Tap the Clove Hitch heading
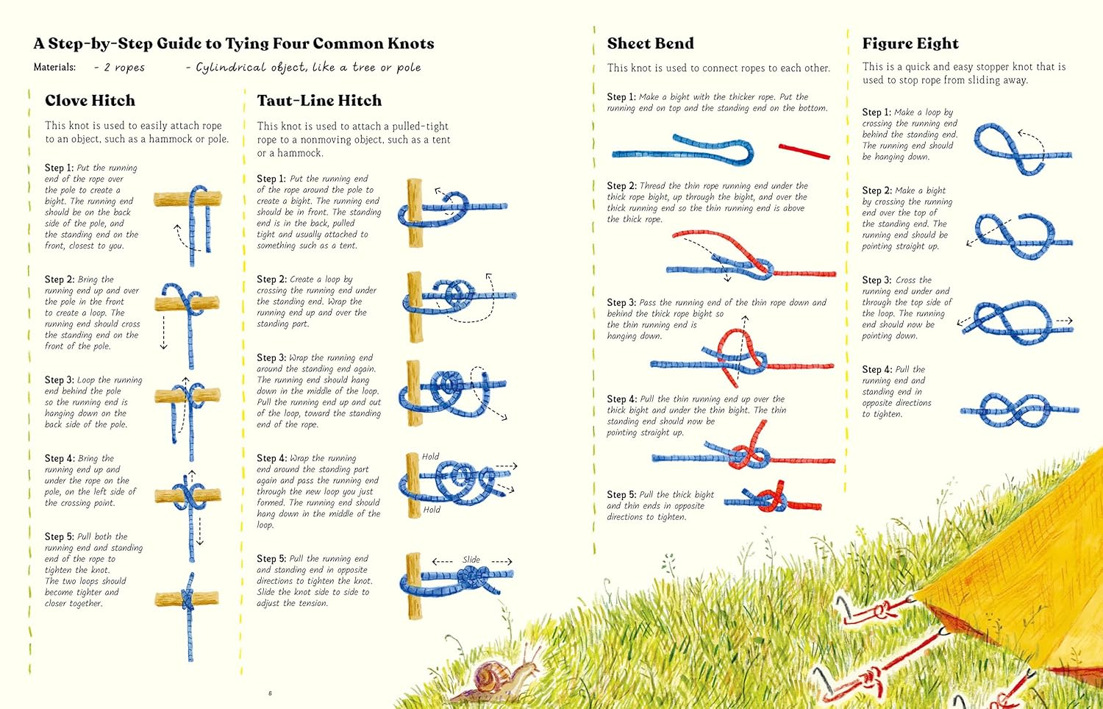(90, 101)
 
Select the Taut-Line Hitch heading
(319, 101)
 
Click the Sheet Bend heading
(650, 43)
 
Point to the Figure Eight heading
(910, 43)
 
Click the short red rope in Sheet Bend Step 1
(804, 152)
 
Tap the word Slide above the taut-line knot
(471, 560)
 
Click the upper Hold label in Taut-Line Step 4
(430, 457)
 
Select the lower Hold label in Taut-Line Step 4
(432, 510)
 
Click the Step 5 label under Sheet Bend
(621, 495)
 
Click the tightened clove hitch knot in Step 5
(189, 598)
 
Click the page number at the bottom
(270, 693)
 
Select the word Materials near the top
(54, 67)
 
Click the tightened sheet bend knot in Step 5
(771, 502)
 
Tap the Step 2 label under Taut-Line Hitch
(271, 279)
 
